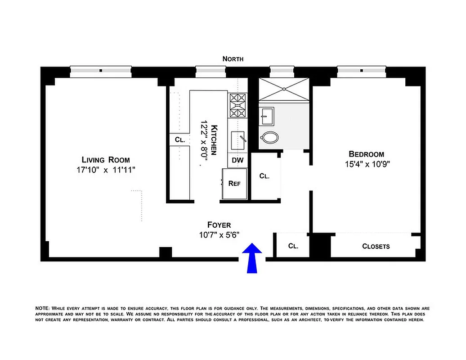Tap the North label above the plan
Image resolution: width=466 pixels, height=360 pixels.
(x=233, y=59)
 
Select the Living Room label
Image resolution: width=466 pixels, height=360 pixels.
(x=106, y=160)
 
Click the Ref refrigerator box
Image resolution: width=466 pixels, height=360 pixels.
(x=234, y=184)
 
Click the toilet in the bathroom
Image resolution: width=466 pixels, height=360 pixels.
(x=270, y=137)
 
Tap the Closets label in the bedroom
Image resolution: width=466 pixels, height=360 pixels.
(x=376, y=246)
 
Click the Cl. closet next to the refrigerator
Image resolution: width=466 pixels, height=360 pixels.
(x=264, y=176)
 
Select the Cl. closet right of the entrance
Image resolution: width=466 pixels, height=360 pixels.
(x=293, y=246)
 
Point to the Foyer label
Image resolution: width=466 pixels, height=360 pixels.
(x=219, y=225)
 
